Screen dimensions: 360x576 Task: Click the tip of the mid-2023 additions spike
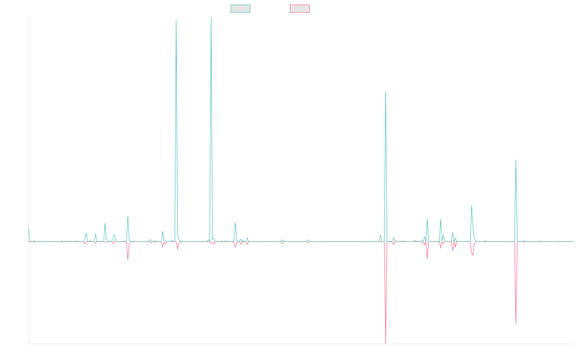[x=385, y=91]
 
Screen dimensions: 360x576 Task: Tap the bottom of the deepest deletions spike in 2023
[x=385, y=343]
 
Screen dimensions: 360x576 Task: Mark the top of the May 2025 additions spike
[x=516, y=159]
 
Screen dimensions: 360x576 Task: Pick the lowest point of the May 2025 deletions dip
[x=516, y=324]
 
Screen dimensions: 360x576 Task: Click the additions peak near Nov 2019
[x=128, y=216]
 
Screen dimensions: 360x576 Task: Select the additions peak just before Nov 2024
[x=471, y=205]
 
